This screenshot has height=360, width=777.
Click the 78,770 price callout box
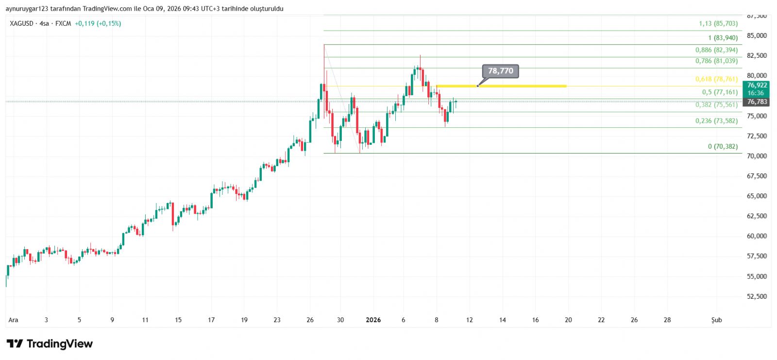pyautogui.click(x=500, y=71)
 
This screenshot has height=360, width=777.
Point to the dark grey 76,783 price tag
pyautogui.click(x=757, y=102)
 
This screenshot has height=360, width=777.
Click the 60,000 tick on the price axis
pyautogui.click(x=757, y=236)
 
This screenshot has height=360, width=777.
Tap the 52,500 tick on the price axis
pyautogui.click(x=757, y=296)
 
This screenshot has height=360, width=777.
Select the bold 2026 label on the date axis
pyautogui.click(x=373, y=320)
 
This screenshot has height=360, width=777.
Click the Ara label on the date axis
pyautogui.click(x=13, y=320)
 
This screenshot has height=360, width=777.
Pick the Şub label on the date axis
pyautogui.click(x=716, y=320)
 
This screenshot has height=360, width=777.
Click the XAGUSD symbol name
pyautogui.click(x=22, y=23)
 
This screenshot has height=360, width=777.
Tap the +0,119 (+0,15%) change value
pyautogui.click(x=98, y=23)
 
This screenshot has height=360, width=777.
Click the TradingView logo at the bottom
pyautogui.click(x=50, y=344)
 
